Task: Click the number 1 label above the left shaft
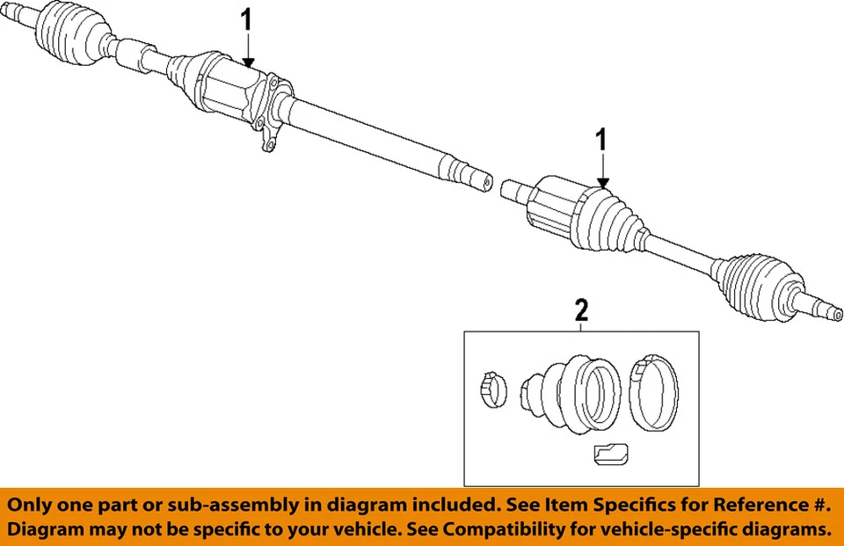click(x=248, y=18)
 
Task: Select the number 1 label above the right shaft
click(x=602, y=139)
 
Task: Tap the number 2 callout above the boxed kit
click(x=580, y=309)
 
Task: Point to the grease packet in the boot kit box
click(x=608, y=455)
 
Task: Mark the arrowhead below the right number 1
click(x=602, y=183)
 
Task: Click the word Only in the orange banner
click(x=33, y=506)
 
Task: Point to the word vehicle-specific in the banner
click(x=659, y=530)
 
